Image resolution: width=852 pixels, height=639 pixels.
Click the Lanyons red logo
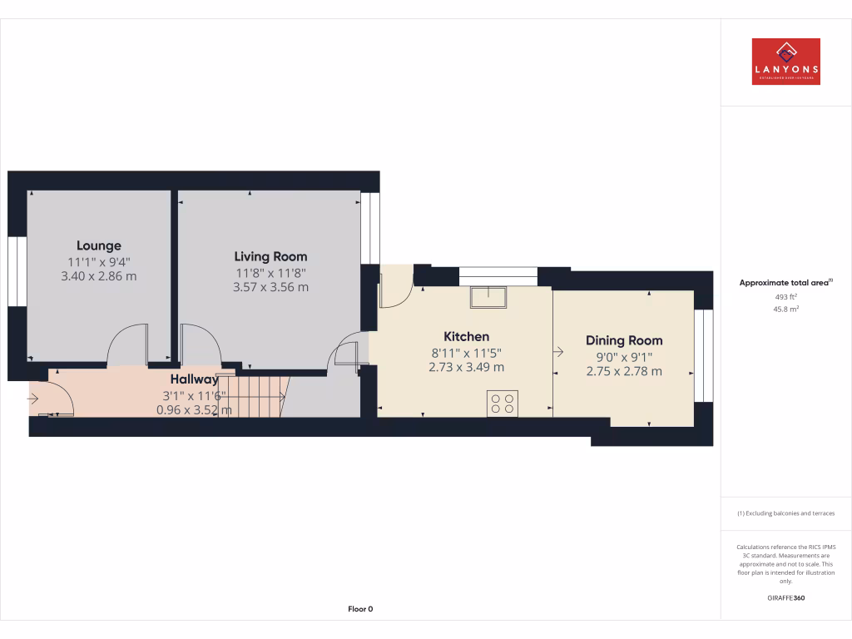click(x=785, y=62)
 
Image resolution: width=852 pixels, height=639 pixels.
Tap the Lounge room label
click(x=99, y=245)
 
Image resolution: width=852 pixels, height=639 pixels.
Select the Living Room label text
click(x=270, y=256)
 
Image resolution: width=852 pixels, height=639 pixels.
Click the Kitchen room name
click(x=466, y=336)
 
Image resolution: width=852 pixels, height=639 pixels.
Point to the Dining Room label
click(x=624, y=340)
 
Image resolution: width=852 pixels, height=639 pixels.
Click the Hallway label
click(x=194, y=379)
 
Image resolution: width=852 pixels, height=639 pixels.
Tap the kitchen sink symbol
click(x=487, y=296)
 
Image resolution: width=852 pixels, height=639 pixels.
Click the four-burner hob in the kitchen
click(x=503, y=403)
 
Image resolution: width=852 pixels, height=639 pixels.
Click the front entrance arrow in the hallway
click(x=33, y=398)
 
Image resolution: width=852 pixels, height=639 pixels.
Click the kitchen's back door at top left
click(x=395, y=287)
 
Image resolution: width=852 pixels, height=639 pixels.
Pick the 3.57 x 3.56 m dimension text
click(x=270, y=287)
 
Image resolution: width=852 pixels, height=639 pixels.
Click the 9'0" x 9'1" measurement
click(x=624, y=356)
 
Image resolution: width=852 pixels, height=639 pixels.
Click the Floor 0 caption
click(x=360, y=609)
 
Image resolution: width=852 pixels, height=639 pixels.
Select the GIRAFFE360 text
click(x=785, y=597)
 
